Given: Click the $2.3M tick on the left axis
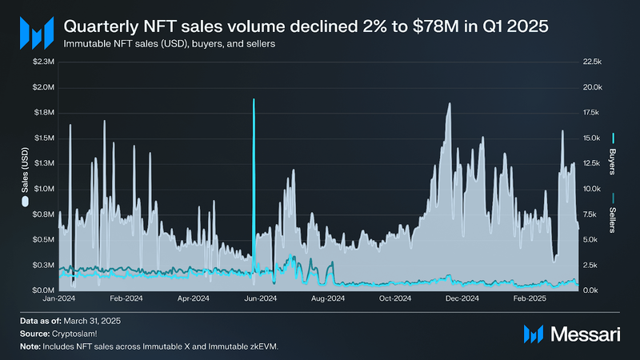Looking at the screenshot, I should click(x=43, y=62).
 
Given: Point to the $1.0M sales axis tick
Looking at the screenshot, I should click(x=43, y=189).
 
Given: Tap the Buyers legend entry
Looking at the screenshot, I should click(x=613, y=155).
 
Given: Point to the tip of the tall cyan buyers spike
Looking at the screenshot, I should click(x=254, y=100).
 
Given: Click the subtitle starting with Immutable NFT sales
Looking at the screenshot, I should click(x=170, y=44).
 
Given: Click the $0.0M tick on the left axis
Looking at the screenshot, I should click(x=43, y=290).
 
